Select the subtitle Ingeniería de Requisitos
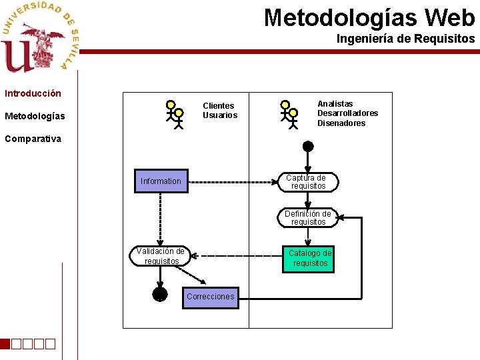click(405, 39)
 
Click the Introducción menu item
click(33, 93)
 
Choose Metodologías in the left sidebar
click(35, 117)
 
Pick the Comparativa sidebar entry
click(33, 139)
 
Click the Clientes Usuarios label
click(219, 110)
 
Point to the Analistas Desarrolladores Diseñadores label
click(347, 113)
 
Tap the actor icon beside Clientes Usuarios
click(175, 114)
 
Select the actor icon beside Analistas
click(289, 114)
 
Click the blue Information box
click(161, 181)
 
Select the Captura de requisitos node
click(307, 182)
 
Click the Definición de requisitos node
click(307, 218)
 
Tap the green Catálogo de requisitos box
click(309, 258)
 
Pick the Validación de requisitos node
click(161, 256)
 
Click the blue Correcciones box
click(210, 297)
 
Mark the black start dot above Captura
click(307, 146)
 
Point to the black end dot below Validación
click(160, 293)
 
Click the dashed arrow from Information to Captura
click(233, 181)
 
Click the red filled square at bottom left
click(5, 344)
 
